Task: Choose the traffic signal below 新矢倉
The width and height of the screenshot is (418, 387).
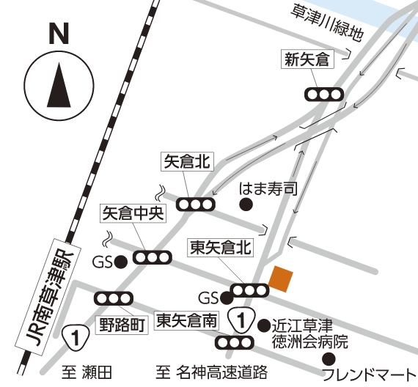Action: [x=325, y=94]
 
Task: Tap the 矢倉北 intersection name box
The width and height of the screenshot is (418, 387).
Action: [x=186, y=161]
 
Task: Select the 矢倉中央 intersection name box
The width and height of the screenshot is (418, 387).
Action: [x=133, y=213]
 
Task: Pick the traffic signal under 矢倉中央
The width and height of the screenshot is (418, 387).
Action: [x=153, y=258]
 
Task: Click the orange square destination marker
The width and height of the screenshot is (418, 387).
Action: [x=282, y=279]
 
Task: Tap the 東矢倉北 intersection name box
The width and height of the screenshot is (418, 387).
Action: [x=220, y=247]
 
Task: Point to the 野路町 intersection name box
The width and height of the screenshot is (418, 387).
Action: [x=121, y=322]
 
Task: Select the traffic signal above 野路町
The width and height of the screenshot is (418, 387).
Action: [x=114, y=299]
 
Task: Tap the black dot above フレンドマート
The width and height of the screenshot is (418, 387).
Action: [x=328, y=358]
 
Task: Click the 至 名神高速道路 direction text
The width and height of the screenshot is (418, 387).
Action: [x=213, y=373]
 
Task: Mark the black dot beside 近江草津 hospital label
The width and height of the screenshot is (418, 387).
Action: [x=263, y=322]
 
